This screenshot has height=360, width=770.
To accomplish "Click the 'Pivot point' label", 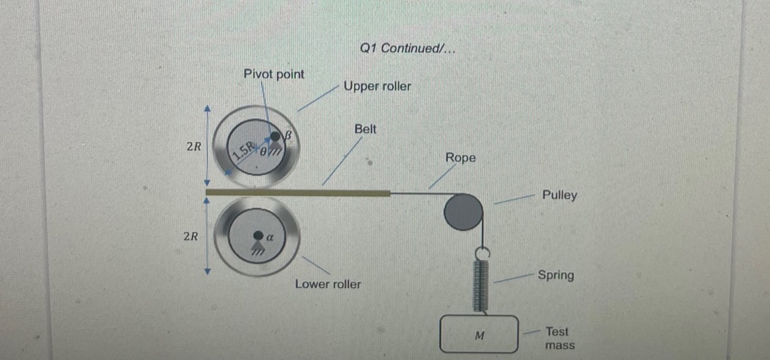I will (274, 74).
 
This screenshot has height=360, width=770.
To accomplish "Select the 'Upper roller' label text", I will (377, 86).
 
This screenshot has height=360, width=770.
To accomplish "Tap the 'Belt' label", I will (365, 129).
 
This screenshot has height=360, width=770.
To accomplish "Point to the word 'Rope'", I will (460, 158).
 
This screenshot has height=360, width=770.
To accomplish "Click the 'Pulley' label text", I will (560, 195).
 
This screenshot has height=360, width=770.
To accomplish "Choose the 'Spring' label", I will (555, 276).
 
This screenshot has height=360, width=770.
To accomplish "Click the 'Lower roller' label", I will (328, 284).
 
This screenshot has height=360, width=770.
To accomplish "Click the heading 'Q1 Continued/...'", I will (407, 48).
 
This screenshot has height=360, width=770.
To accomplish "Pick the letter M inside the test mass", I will (480, 336).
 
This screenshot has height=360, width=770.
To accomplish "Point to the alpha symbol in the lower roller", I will (269, 237).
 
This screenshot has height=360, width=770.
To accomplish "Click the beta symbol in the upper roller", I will (289, 135).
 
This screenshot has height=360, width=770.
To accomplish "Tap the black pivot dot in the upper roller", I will (276, 137).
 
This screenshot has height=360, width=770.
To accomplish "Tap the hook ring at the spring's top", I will (480, 254).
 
